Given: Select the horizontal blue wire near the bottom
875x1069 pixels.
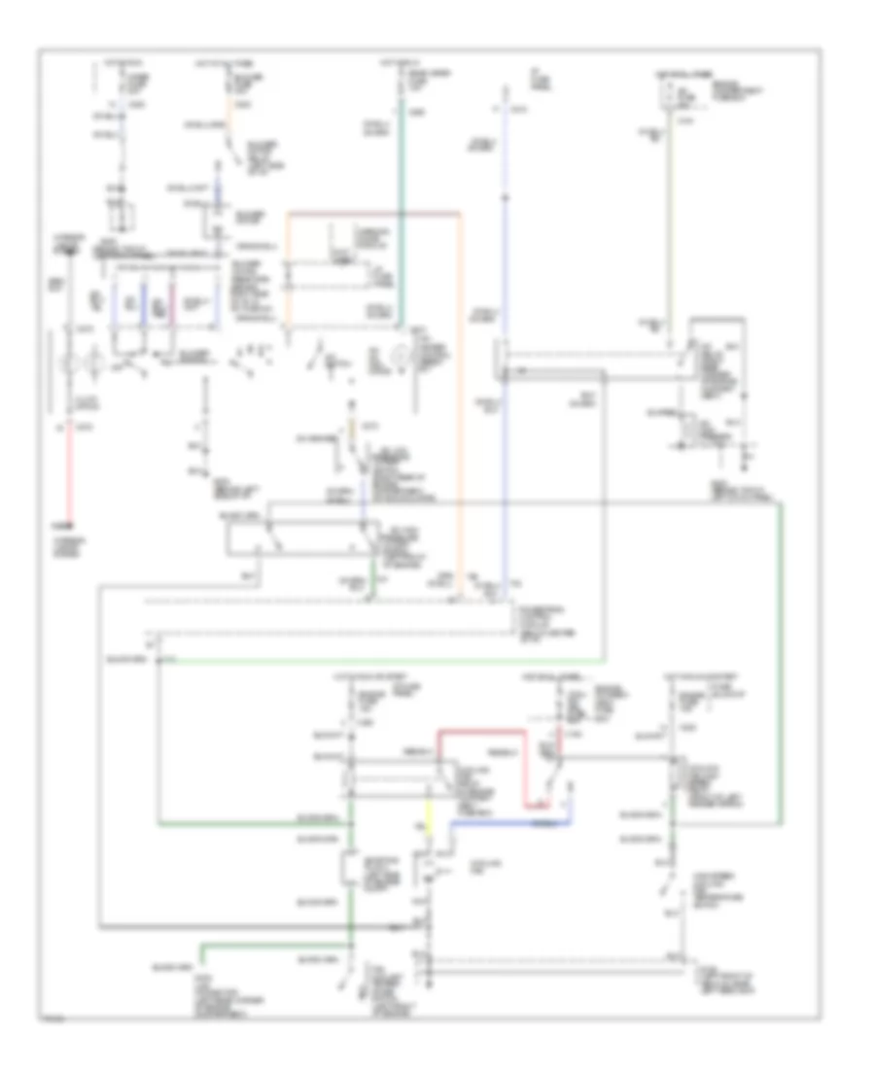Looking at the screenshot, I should click(506, 821).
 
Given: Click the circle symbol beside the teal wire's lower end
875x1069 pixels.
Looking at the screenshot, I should click(398, 359).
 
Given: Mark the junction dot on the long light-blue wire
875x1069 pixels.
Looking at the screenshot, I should click(505, 199).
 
